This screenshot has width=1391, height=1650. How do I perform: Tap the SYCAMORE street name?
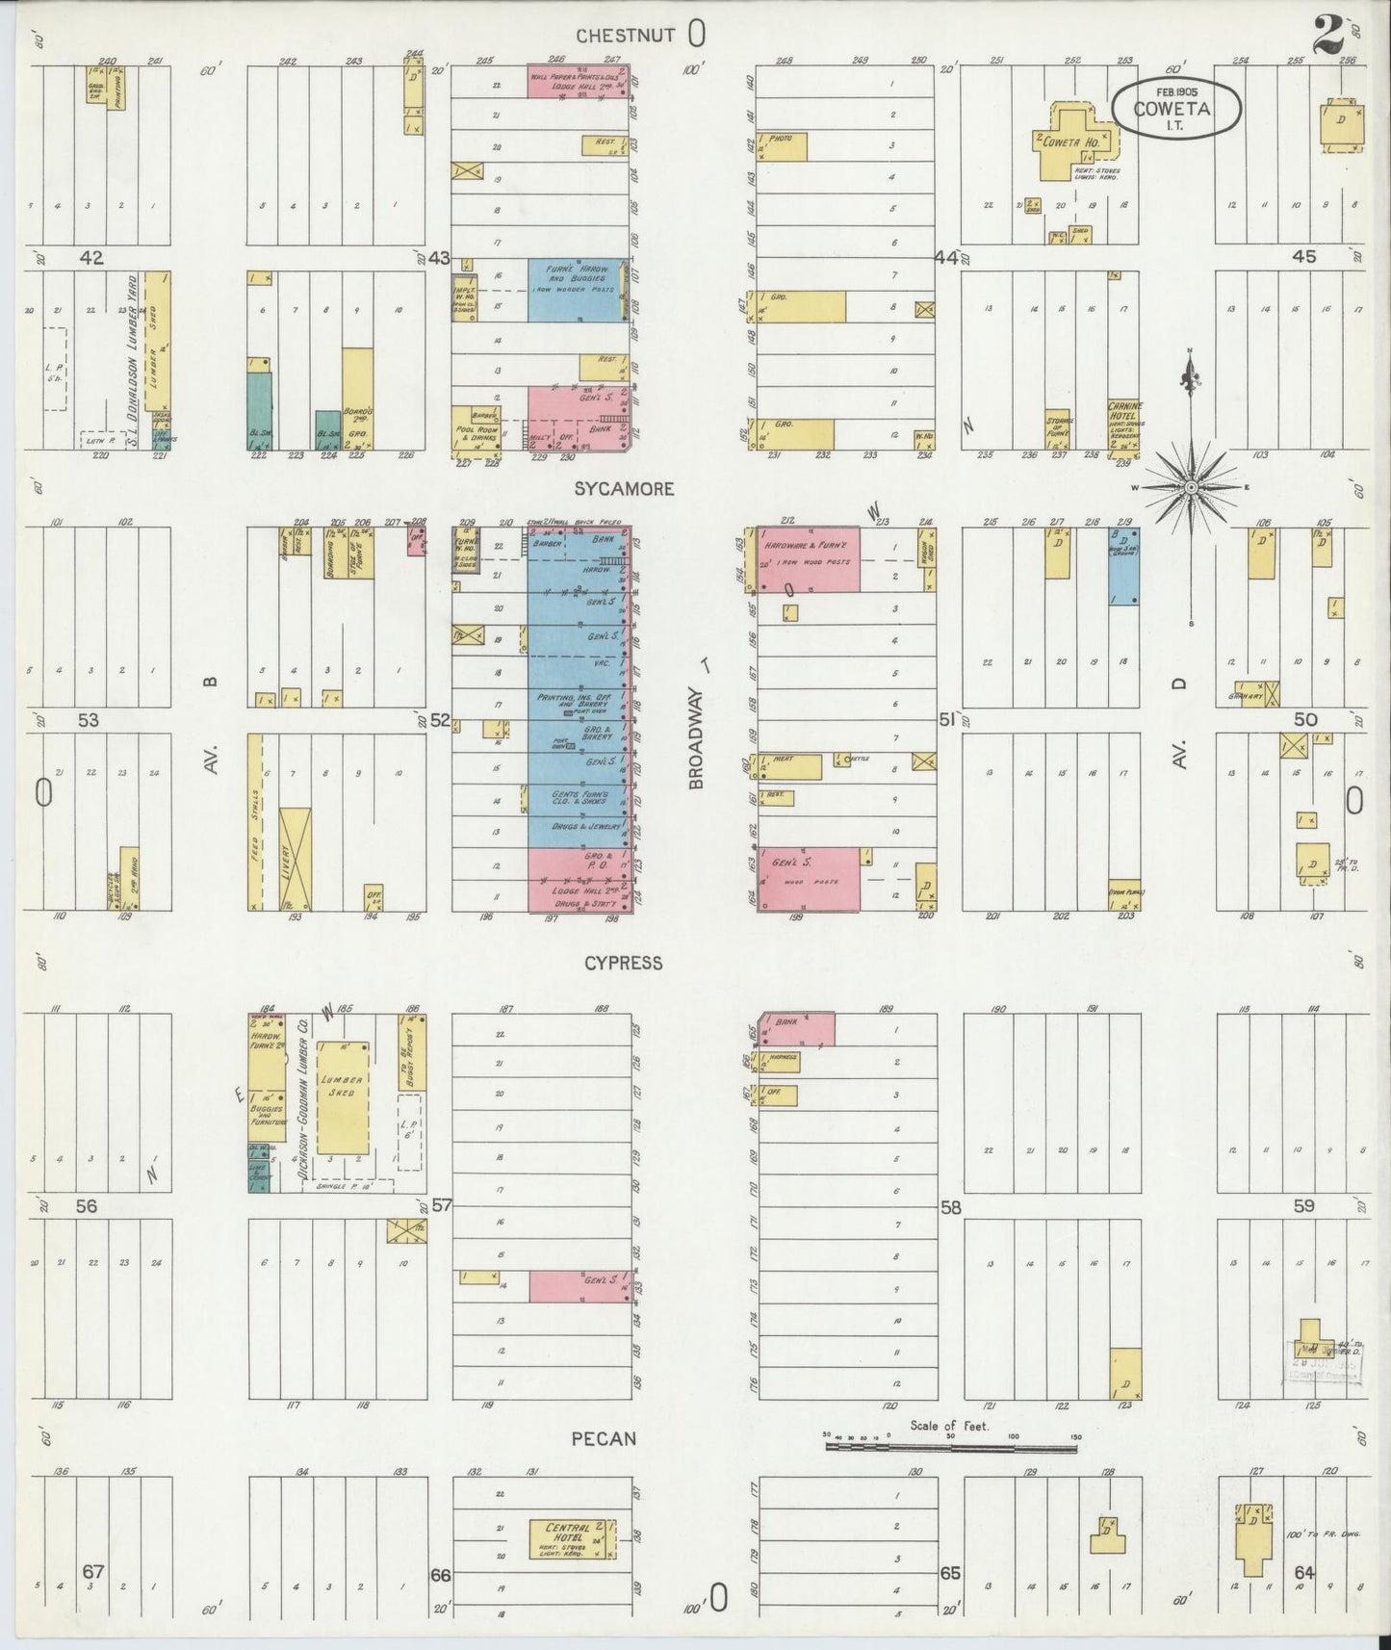coord(624,489)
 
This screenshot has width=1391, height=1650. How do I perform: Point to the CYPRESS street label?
coord(624,963)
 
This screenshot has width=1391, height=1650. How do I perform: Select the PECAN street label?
coord(604,1439)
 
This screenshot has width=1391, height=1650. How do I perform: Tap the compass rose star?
coord(1191,488)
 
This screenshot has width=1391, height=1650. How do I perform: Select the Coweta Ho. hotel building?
coord(1075,144)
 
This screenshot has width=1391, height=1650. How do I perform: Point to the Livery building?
coord(295,859)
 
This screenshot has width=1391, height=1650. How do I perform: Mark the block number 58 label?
coord(951,1207)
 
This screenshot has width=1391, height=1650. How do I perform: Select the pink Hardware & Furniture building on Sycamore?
coord(808,559)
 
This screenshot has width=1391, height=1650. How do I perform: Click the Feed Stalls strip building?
coord(255,822)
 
